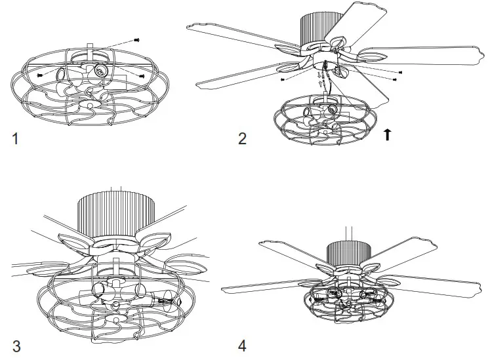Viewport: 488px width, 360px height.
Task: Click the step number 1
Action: click(16, 138)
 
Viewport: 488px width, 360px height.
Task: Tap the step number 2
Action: click(242, 138)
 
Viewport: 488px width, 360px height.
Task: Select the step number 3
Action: click(16, 345)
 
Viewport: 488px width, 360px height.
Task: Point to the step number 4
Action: click(242, 345)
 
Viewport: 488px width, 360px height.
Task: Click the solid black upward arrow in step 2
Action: click(388, 134)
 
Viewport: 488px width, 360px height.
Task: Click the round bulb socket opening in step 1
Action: click(102, 70)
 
